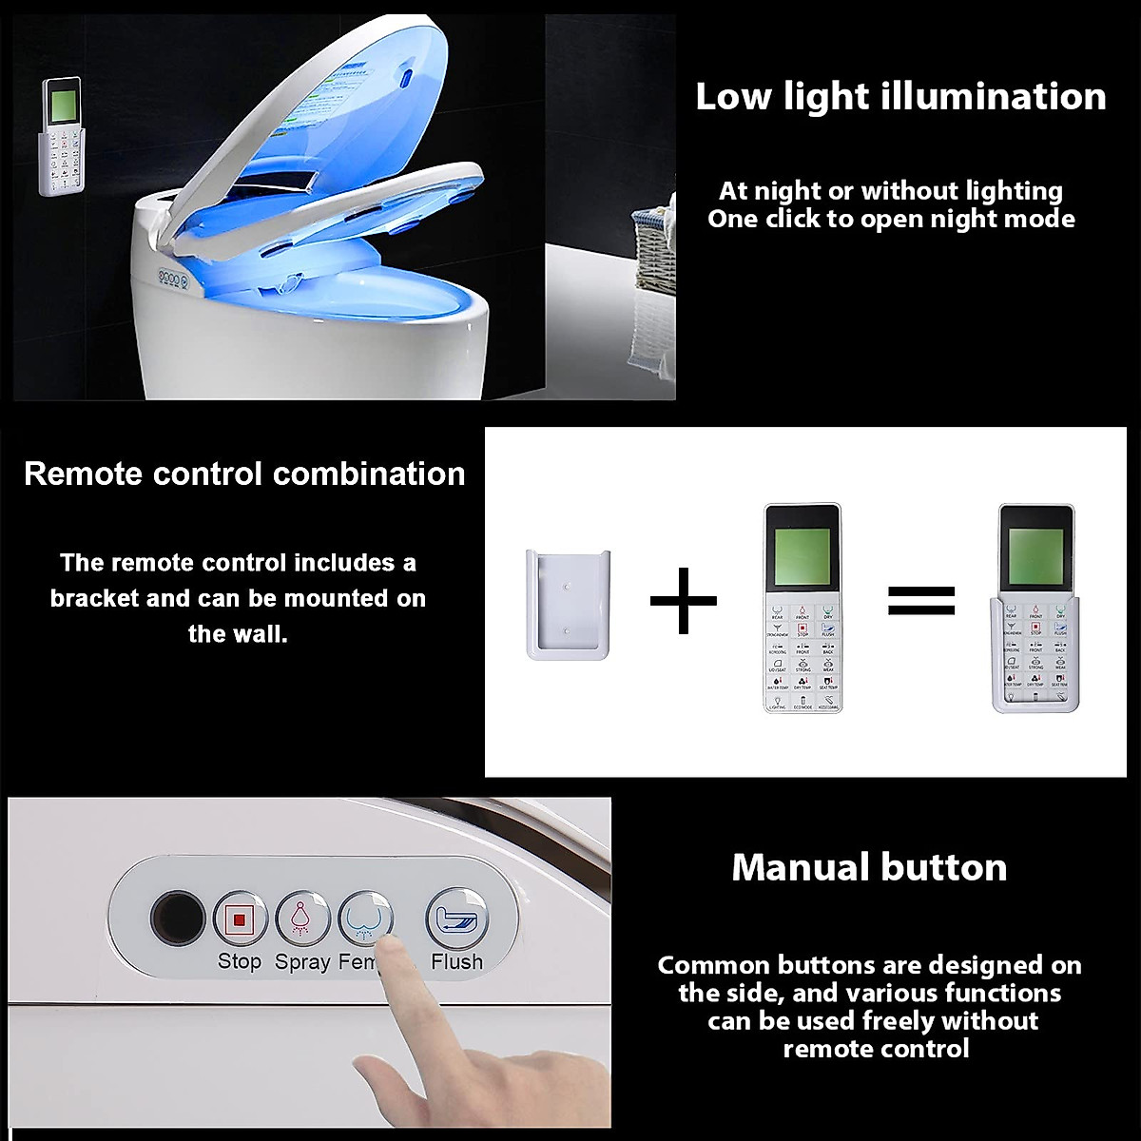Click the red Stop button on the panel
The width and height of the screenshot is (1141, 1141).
[x=239, y=919]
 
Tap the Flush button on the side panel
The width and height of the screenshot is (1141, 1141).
[x=456, y=917]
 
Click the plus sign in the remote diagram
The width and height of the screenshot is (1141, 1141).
[x=684, y=599]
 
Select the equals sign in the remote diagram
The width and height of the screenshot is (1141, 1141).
[x=920, y=600]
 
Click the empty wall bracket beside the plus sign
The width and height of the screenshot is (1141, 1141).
[x=568, y=604]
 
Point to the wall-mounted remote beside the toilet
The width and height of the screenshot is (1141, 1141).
[x=59, y=137]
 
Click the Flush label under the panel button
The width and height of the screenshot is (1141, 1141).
[x=456, y=961]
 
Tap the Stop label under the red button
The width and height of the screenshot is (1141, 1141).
[x=239, y=961]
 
